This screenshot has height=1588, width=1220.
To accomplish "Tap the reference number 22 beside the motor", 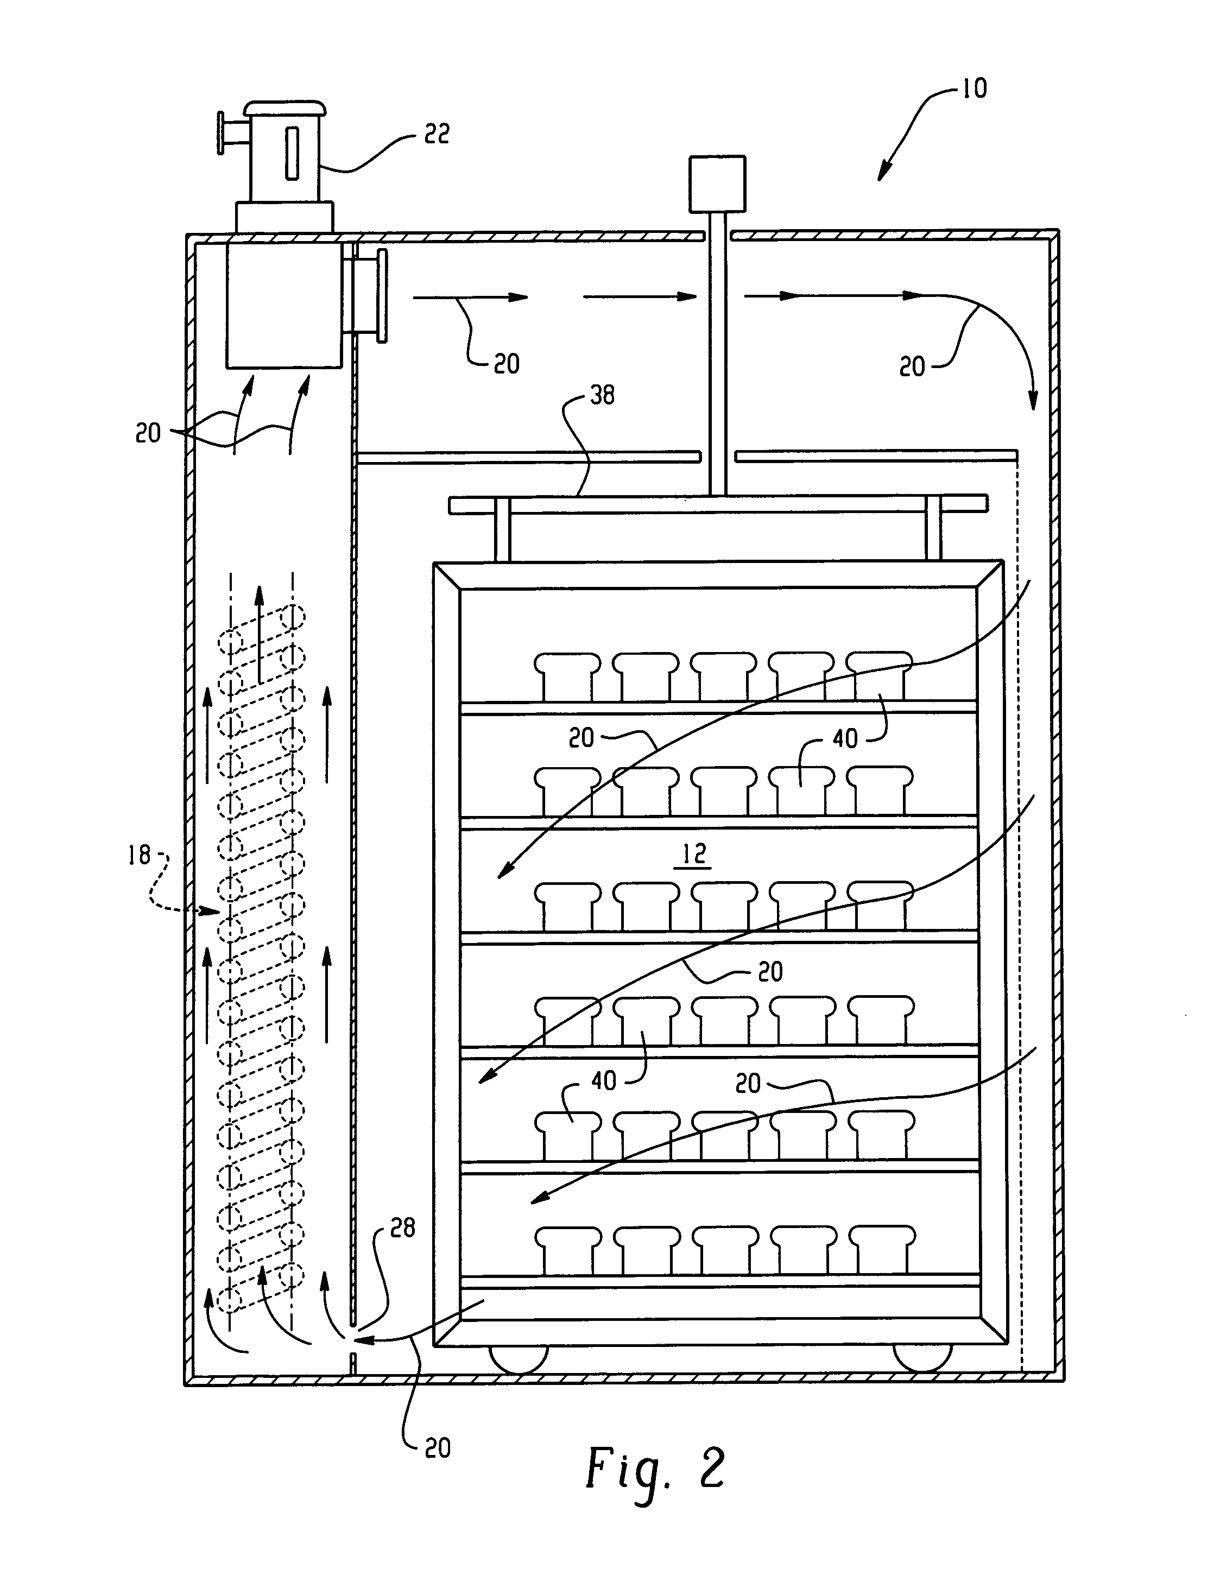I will [437, 134].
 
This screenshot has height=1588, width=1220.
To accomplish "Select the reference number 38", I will [602, 395].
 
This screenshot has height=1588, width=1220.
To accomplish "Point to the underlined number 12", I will [693, 854].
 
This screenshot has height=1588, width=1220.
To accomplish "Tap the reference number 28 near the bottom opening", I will [402, 1228].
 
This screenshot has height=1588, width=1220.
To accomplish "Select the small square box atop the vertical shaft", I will [717, 184].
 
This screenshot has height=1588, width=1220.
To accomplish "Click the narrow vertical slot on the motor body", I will [291, 152].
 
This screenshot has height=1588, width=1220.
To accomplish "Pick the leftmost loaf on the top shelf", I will [567, 676].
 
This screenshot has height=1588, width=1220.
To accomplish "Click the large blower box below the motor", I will [284, 305].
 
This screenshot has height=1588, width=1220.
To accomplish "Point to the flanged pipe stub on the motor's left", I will [231, 133].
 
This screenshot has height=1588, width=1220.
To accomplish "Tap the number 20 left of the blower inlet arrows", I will [148, 433].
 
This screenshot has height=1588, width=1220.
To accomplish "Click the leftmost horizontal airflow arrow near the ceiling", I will [470, 297].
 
